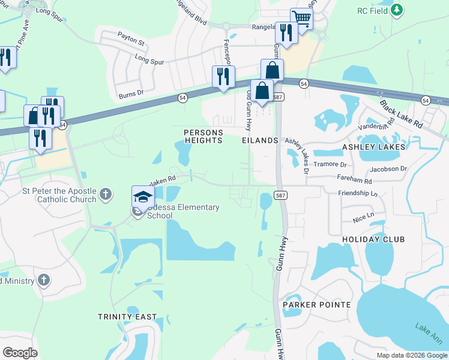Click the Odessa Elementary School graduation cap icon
pyautogui.click(x=143, y=197)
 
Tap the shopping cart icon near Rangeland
pyautogui.click(x=301, y=17)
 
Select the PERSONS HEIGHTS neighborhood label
pyautogui.click(x=203, y=136)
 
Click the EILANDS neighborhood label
pyautogui.click(x=260, y=140)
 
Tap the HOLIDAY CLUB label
pyautogui.click(x=373, y=239)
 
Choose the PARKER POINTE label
pyautogui.click(x=316, y=305)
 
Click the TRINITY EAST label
pyautogui.click(x=128, y=316)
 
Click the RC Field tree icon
pyautogui.click(x=397, y=10)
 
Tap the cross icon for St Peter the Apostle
pyautogui.click(x=106, y=194)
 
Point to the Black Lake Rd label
pyautogui.click(x=401, y=113)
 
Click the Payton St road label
pyautogui.click(x=131, y=42)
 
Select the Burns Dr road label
pyautogui.click(x=131, y=93)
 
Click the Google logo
pyautogui.click(x=20, y=353)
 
